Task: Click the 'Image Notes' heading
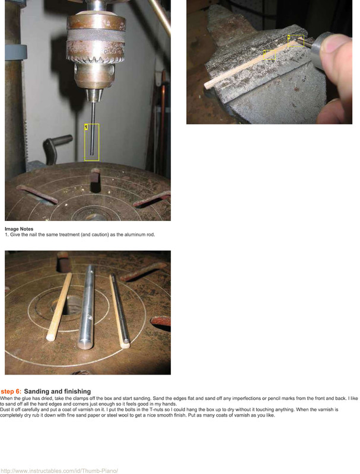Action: coord(19,229)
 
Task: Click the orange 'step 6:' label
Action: coord(11,392)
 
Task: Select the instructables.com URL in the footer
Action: coord(59,470)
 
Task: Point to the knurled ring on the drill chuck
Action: coord(96,36)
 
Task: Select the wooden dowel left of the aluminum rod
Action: coord(59,307)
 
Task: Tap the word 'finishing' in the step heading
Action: coord(78,392)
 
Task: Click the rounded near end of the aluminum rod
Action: coord(85,345)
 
